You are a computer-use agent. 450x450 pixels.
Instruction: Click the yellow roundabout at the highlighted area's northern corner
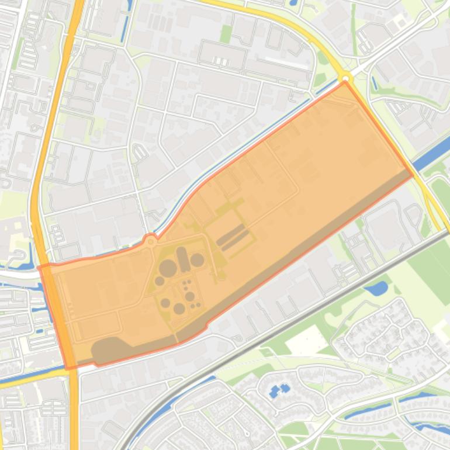click(346, 77)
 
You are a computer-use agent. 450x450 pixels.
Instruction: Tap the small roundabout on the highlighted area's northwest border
click(151, 240)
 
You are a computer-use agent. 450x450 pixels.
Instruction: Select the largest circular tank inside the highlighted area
click(168, 268)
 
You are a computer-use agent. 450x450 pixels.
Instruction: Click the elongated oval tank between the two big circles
click(184, 259)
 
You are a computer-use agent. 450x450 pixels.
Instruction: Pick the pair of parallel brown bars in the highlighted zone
click(234, 237)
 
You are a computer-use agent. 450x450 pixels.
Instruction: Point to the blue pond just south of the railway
click(377, 288)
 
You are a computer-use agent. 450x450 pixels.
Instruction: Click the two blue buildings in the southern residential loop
click(280, 390)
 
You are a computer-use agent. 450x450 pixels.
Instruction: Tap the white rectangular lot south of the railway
click(306, 341)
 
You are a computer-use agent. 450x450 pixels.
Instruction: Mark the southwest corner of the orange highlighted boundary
click(70, 367)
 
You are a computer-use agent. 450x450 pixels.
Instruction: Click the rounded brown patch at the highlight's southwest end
click(108, 349)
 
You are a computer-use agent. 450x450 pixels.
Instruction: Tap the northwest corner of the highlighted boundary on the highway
click(40, 267)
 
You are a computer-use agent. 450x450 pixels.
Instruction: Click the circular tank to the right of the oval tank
click(198, 259)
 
